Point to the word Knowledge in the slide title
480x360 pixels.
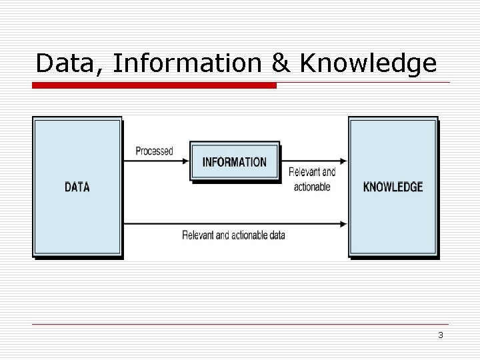[369, 64]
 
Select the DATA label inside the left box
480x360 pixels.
[77, 187]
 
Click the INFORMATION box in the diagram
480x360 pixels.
[234, 162]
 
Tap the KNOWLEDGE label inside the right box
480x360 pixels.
[393, 187]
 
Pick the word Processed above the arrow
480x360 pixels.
[154, 151]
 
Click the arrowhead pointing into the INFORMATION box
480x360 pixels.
[185, 161]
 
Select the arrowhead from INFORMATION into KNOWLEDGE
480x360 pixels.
[343, 161]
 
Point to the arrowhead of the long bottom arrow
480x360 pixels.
[343, 223]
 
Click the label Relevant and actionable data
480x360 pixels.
[233, 235]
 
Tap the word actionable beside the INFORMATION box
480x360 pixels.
[312, 187]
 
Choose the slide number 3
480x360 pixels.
[441, 335]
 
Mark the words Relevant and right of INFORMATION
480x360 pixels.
[312, 172]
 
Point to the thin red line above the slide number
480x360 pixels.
[240, 325]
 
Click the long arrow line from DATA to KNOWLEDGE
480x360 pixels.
[233, 223]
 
